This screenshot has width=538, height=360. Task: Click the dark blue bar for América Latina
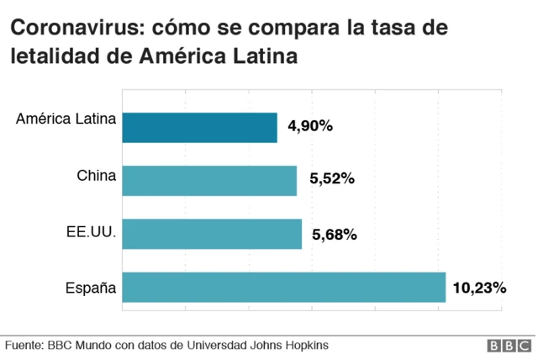click(x=200, y=127)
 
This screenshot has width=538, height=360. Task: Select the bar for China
click(x=209, y=180)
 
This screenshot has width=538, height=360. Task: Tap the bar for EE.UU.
click(x=212, y=234)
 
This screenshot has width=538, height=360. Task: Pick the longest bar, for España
click(x=284, y=287)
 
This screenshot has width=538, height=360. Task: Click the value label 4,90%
click(x=310, y=126)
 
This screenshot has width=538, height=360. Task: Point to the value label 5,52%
click(x=332, y=179)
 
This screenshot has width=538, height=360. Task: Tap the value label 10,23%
click(x=479, y=288)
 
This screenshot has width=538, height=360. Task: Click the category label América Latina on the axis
click(x=66, y=119)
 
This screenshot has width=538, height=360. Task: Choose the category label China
click(x=96, y=176)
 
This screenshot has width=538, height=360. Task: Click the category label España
click(x=91, y=289)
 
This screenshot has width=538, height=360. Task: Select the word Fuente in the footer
click(x=24, y=345)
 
